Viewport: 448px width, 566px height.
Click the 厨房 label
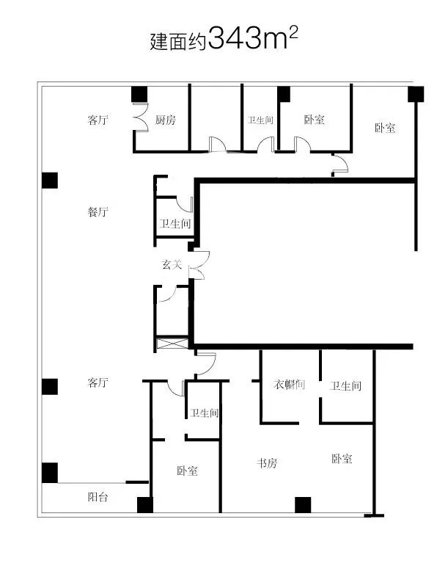(x=166, y=120)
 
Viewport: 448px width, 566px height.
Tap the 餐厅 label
(x=98, y=211)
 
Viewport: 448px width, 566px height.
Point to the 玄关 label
(x=172, y=264)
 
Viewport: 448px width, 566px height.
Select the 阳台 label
(x=98, y=497)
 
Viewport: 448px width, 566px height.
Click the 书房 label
(x=267, y=462)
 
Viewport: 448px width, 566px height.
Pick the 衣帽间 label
(x=290, y=385)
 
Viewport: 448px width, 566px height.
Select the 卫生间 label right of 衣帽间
(x=345, y=386)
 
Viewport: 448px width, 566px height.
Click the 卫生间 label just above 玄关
(x=175, y=224)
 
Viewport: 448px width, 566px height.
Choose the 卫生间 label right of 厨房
(x=260, y=120)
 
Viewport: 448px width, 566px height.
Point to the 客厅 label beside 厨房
(x=98, y=120)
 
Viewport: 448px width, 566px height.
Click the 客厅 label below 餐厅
(x=98, y=382)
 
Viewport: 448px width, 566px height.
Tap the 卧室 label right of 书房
(x=342, y=459)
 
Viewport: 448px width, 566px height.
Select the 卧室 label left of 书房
(x=188, y=471)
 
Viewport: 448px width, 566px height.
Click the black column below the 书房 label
(x=303, y=505)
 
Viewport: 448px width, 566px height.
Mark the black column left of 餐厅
(x=50, y=181)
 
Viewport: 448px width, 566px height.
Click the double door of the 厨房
(x=141, y=117)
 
